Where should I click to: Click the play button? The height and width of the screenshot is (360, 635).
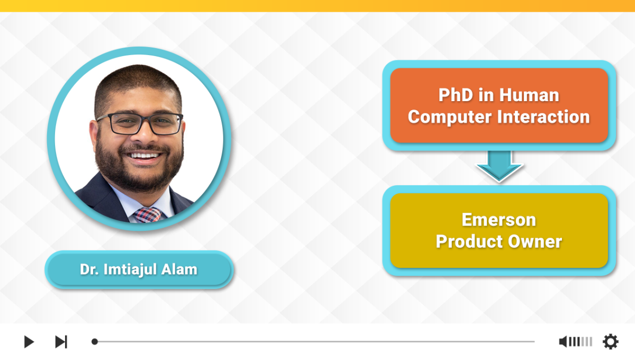pos(29,341)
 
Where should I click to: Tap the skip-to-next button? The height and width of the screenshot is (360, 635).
pos(61,341)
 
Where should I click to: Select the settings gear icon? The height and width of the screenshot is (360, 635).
pos(610,341)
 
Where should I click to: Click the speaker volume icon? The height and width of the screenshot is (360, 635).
pos(563,341)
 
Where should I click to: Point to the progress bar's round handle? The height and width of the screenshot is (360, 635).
pos(95,341)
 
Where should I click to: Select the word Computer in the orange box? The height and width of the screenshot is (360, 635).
pos(450,117)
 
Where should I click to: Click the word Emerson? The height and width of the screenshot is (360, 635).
pos(499,220)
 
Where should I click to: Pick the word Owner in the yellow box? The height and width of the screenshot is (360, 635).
pos(535,241)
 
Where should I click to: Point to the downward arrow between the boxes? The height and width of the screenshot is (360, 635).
pos(499,166)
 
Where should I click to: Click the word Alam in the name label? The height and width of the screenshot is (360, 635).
pos(179,269)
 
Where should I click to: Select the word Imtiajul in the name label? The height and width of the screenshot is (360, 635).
pos(130,269)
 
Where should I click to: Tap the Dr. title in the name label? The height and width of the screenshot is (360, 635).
pos(89,269)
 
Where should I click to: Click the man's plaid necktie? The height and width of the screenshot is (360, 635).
pos(148,215)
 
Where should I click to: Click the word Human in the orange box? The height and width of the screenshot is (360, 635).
pos(529,95)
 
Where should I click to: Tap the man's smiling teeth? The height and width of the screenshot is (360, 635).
pos(144,156)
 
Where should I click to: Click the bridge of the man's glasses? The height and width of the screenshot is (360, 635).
pos(144,120)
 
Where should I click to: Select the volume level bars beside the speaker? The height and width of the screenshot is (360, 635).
pos(580,341)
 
